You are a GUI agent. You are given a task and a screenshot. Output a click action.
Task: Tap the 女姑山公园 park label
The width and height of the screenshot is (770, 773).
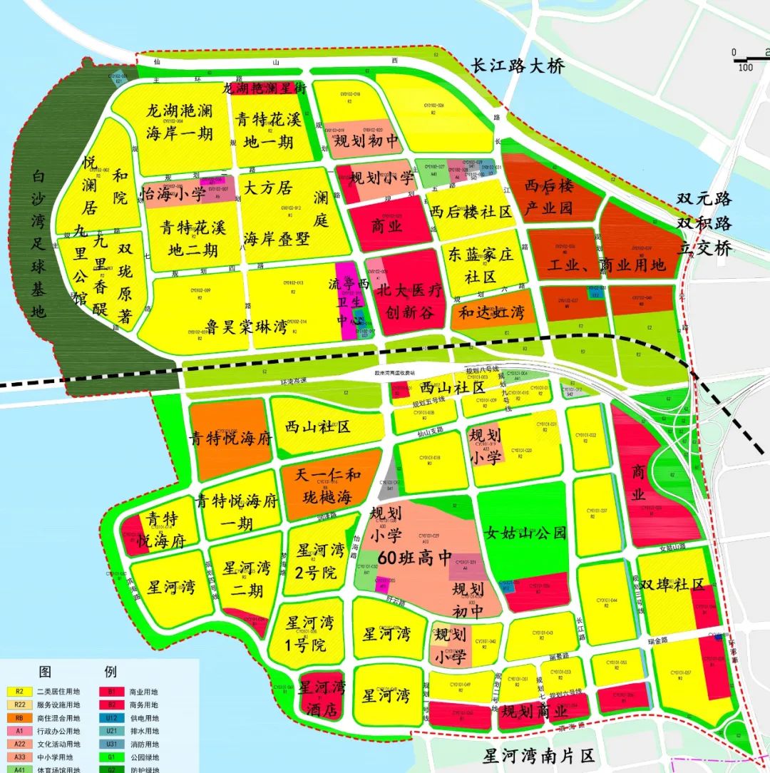[525, 533]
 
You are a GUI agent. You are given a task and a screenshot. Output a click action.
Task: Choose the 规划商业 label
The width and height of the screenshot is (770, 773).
[535, 711]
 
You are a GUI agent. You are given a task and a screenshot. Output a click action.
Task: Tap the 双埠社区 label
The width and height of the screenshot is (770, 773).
[672, 585]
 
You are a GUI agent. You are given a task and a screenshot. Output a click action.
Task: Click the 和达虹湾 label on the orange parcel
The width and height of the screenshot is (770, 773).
[491, 312]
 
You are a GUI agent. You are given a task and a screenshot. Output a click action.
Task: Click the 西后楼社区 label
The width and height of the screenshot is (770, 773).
[471, 212]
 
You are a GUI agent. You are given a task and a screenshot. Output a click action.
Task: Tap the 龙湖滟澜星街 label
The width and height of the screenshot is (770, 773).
[265, 89]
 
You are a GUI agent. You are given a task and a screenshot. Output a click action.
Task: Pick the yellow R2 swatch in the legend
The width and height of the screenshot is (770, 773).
[19, 691]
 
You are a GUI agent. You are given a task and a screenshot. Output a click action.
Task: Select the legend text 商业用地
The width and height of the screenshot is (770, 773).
[143, 692]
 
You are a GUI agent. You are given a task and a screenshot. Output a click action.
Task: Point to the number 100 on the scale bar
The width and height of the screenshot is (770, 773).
[745, 68]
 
